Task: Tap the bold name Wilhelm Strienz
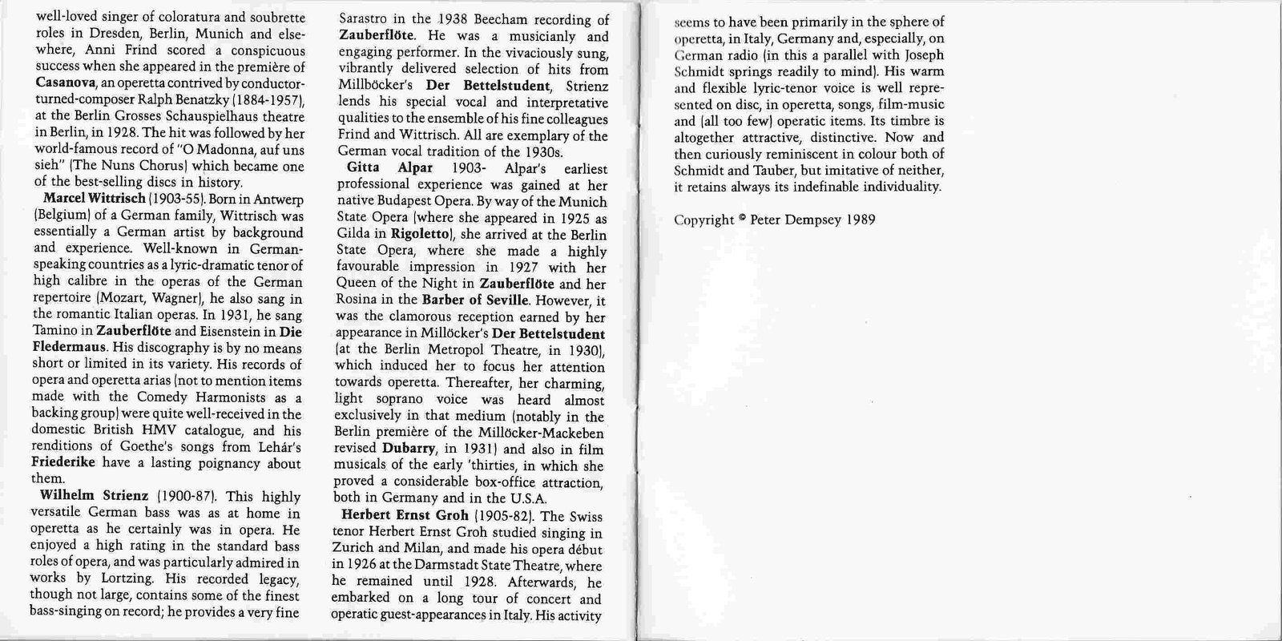94,495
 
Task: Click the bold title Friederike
64,463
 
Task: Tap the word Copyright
703,220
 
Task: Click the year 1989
861,220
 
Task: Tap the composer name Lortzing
124,579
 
